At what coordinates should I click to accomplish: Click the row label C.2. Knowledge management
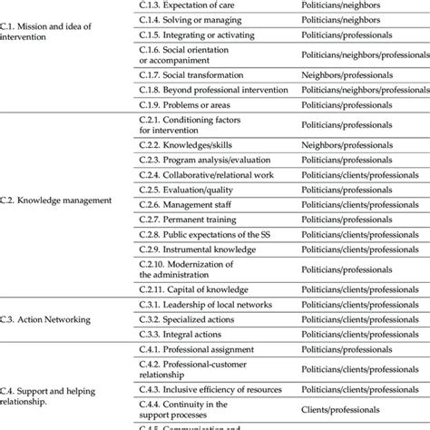(57, 200)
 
